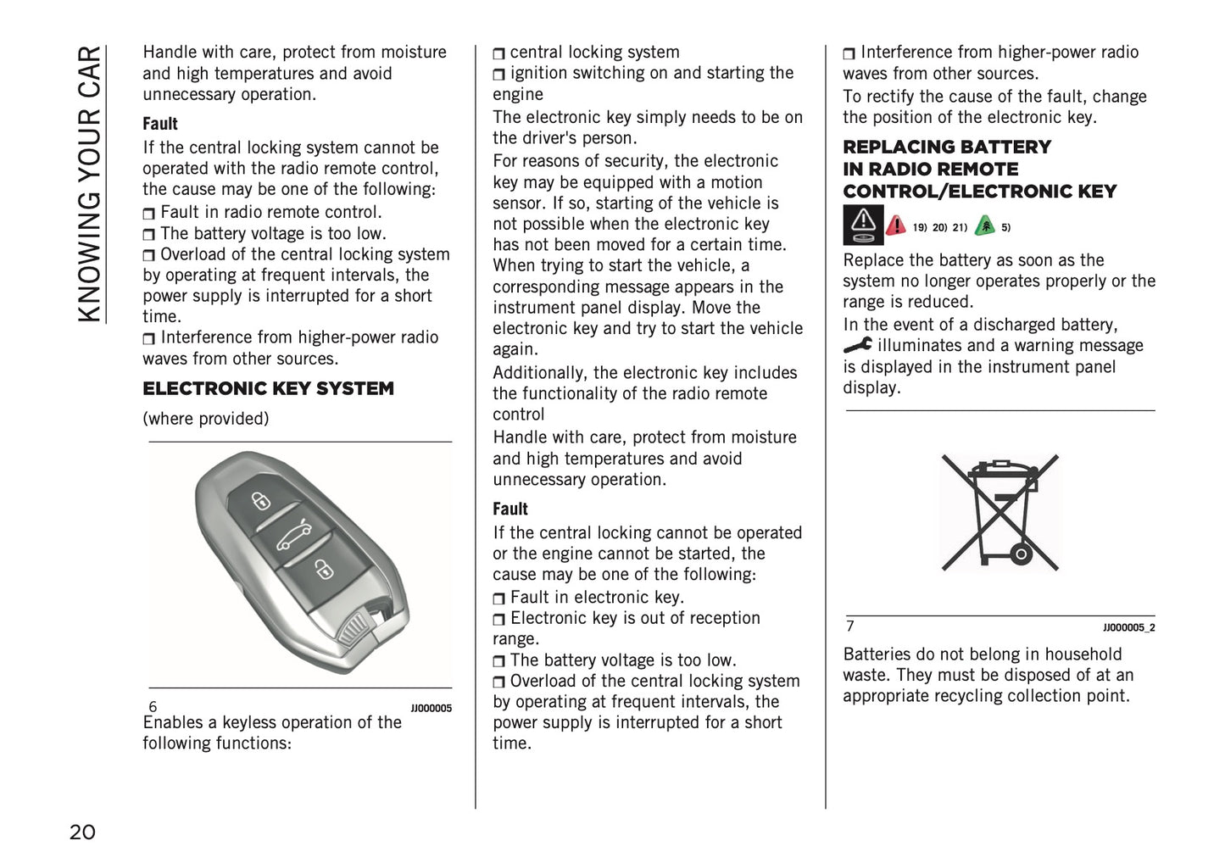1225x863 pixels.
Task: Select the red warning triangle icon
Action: (x=895, y=225)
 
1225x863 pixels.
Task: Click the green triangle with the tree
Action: (x=984, y=225)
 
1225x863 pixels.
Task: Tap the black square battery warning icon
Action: (x=863, y=225)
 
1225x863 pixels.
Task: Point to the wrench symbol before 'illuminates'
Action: (x=858, y=345)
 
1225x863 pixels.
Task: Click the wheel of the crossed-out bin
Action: (x=1020, y=556)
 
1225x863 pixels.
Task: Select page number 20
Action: (x=82, y=832)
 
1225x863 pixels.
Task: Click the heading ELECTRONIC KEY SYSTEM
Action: (x=268, y=389)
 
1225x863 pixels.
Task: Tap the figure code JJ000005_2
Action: (x=1128, y=628)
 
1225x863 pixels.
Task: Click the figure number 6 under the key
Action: (x=153, y=707)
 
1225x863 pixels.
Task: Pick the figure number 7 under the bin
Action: (x=850, y=626)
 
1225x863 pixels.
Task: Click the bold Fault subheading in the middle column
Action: (x=510, y=509)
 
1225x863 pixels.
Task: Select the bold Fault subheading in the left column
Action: (x=160, y=124)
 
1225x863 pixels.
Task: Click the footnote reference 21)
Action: (x=960, y=227)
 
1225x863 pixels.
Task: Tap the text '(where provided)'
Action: (x=205, y=419)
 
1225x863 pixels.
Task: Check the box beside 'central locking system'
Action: (x=499, y=53)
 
